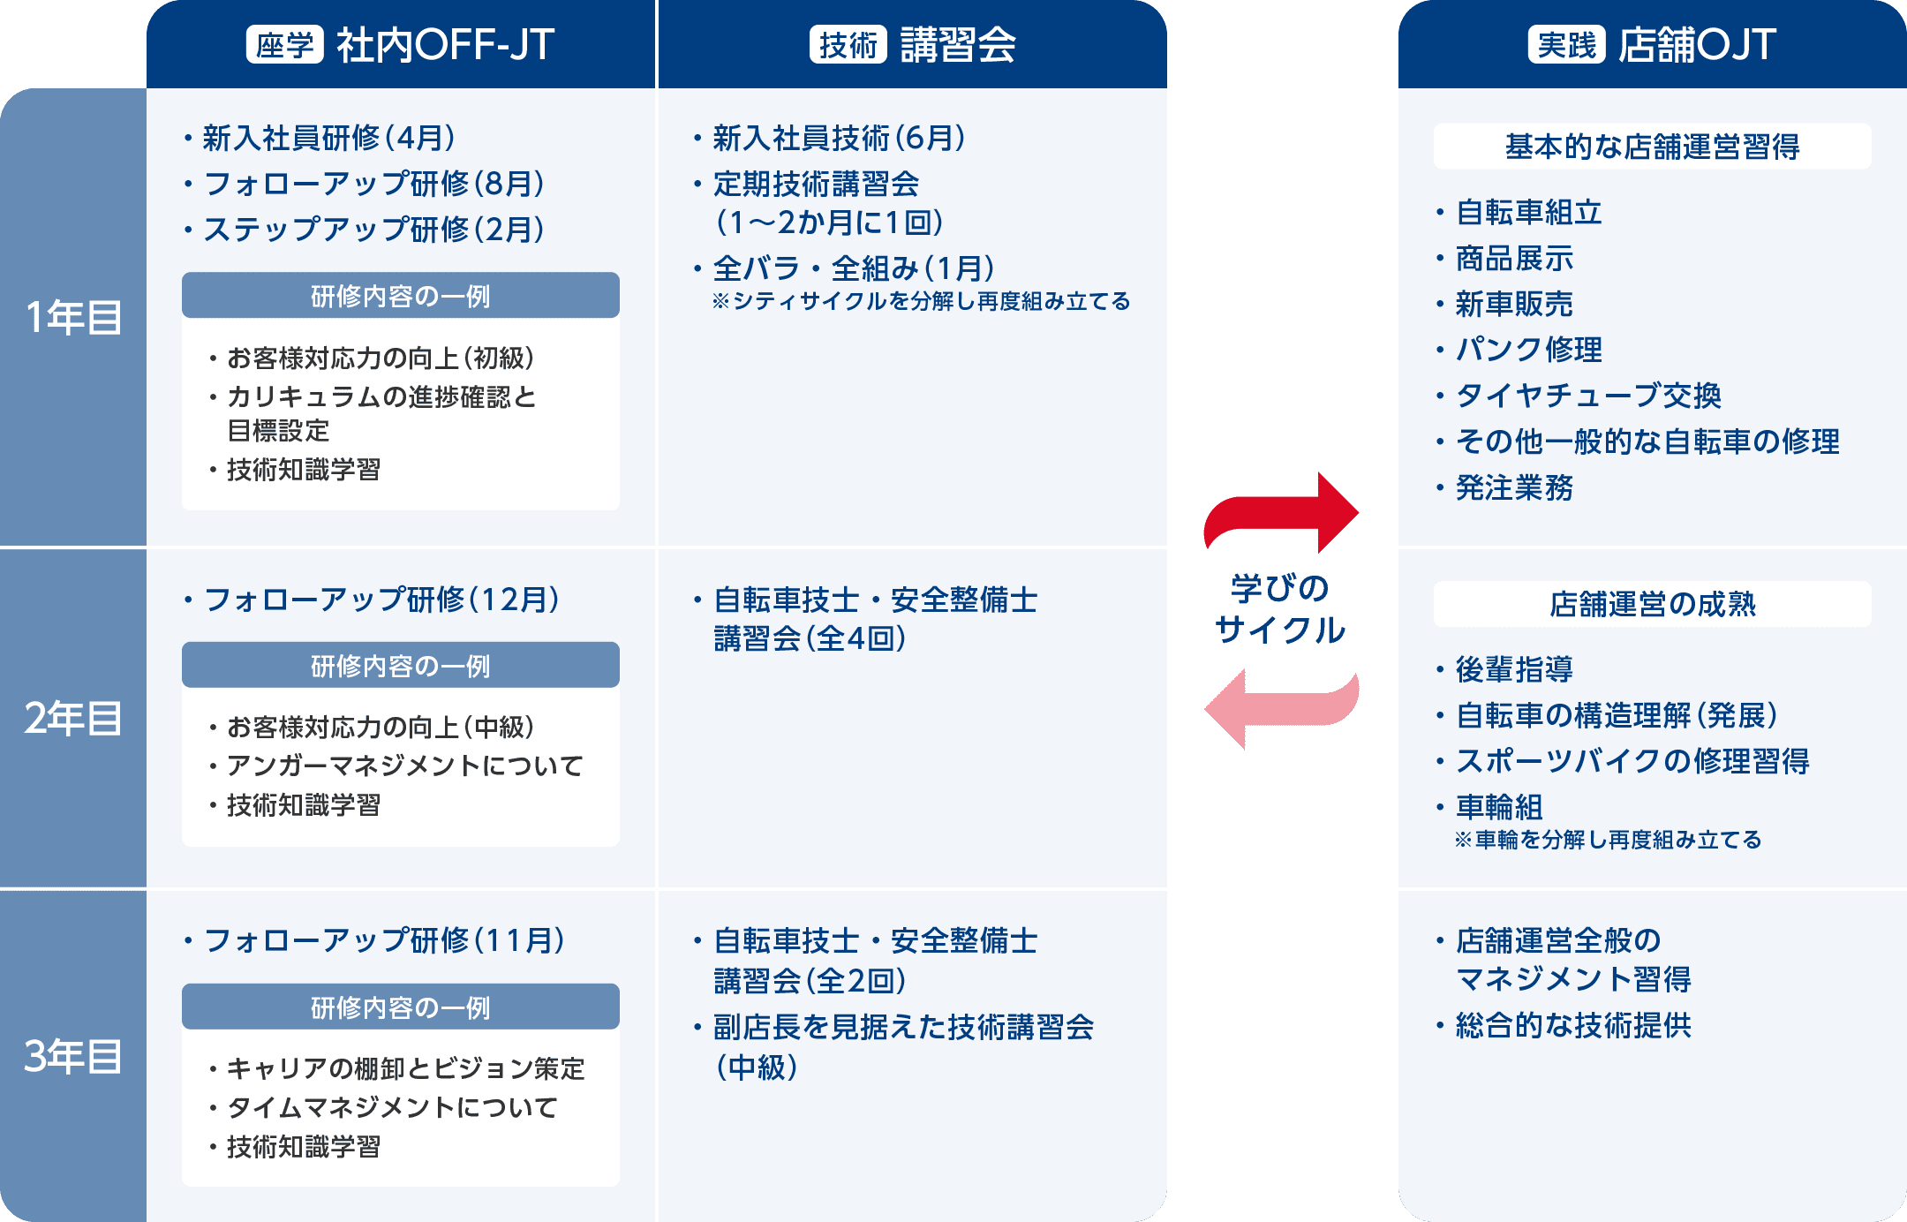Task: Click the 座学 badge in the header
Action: point(284,45)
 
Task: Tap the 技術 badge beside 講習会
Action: point(848,45)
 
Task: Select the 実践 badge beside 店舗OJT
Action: point(1566,45)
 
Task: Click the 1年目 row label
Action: point(73,318)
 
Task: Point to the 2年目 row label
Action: point(73,718)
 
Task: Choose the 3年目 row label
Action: point(73,1056)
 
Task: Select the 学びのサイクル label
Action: point(1280,609)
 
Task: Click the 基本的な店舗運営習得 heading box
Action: point(1652,147)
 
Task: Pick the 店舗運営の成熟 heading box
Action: point(1652,604)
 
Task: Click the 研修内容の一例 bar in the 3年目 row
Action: point(400,1007)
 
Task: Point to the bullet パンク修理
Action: point(1528,350)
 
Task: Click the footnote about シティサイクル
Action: point(921,302)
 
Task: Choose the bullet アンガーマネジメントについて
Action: point(404,766)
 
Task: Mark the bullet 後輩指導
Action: point(1514,669)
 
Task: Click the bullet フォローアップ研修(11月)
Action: point(384,940)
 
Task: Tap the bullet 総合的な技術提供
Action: point(1573,1025)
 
